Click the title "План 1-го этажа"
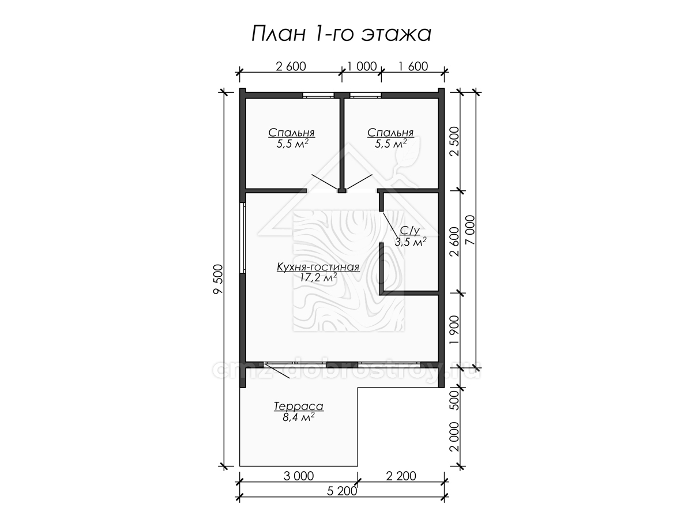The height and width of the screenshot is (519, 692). click(341, 33)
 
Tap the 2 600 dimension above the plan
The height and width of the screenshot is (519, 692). click(291, 66)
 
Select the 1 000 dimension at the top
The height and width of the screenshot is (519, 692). click(362, 66)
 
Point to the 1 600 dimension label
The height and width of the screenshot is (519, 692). click(413, 66)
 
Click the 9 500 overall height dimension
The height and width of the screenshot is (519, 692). click(218, 279)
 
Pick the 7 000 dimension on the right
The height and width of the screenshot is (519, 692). click(470, 230)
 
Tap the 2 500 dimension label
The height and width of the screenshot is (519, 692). click(455, 141)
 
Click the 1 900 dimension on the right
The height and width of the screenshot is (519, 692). click(455, 330)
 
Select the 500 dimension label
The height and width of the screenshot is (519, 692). click(455, 400)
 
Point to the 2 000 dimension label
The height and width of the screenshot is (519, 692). click(455, 437)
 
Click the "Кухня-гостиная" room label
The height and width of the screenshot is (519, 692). click(318, 267)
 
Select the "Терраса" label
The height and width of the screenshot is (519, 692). click(299, 407)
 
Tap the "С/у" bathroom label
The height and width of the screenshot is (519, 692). click(410, 231)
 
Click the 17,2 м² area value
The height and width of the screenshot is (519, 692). click(319, 277)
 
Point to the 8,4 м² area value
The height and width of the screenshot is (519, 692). click(299, 417)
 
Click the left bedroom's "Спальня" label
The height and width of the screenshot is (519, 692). click(292, 133)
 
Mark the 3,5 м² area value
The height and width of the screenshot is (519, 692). click(411, 242)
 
